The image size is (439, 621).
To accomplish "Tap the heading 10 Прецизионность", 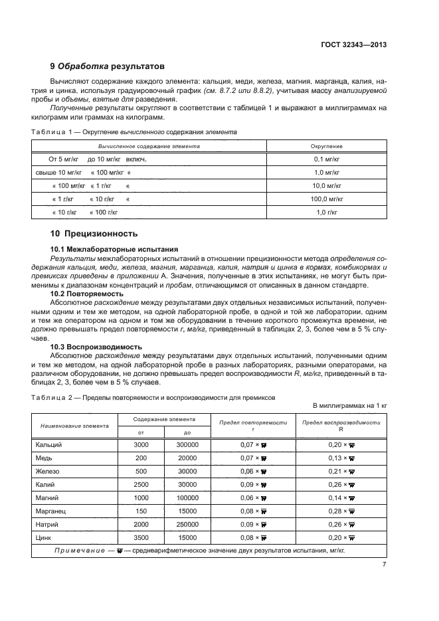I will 94,233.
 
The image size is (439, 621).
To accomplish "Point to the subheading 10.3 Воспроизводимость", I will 92,346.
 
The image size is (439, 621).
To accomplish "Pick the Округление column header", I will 326,145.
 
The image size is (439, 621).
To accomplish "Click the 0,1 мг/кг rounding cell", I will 326,159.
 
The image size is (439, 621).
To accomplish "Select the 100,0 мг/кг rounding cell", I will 326,199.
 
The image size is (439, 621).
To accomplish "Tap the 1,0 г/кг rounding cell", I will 326,212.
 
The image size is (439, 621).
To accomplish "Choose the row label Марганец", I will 52,511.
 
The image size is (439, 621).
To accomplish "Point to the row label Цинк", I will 46,538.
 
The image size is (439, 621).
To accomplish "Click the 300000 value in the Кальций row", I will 178,444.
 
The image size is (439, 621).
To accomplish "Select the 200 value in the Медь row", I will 141,458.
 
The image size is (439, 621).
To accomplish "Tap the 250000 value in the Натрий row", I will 178,525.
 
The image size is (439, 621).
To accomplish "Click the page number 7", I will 385,565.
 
